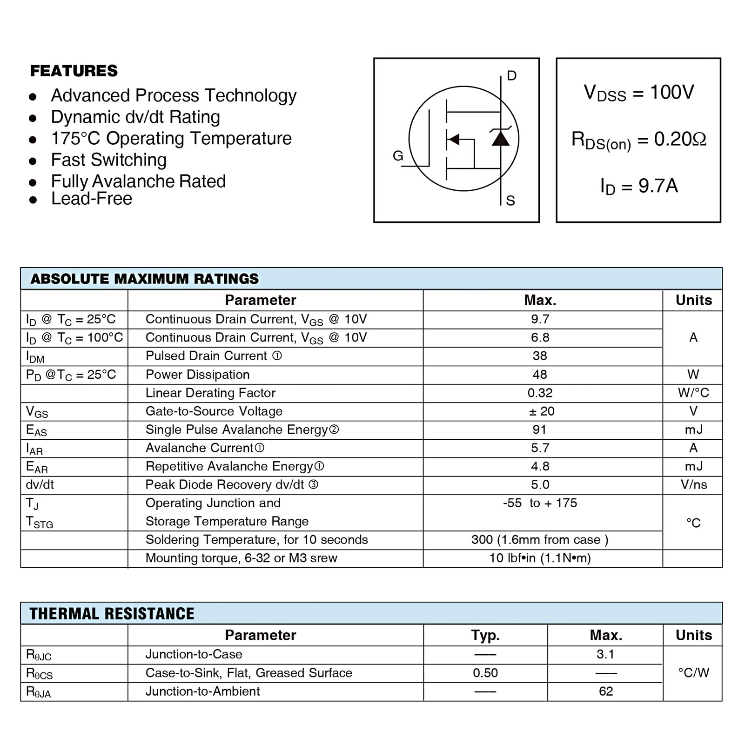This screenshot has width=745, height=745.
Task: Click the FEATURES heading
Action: pyautogui.click(x=74, y=71)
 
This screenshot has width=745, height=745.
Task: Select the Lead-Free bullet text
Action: pyautogui.click(x=92, y=199)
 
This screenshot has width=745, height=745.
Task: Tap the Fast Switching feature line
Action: pyautogui.click(x=108, y=160)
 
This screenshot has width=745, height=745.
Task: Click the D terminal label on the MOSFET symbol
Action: pyautogui.click(x=511, y=76)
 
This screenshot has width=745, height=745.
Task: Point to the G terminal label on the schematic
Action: pyautogui.click(x=398, y=156)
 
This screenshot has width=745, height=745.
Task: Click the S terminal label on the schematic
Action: pyautogui.click(x=510, y=201)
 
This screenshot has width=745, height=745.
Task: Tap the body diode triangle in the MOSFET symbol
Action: pyautogui.click(x=500, y=138)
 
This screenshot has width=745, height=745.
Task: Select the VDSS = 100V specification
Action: pyautogui.click(x=638, y=93)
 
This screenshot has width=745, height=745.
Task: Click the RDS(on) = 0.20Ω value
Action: pyautogui.click(x=638, y=140)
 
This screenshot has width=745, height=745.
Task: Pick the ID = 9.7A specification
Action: pyautogui.click(x=638, y=186)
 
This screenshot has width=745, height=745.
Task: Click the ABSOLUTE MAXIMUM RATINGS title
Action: pyautogui.click(x=144, y=279)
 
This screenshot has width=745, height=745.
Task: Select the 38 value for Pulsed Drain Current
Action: pyautogui.click(x=540, y=356)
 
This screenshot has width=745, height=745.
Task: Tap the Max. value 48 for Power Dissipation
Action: pyautogui.click(x=540, y=375)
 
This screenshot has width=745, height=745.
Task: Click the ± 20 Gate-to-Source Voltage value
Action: pyautogui.click(x=541, y=411)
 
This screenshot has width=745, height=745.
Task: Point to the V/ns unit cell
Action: pyautogui.click(x=693, y=485)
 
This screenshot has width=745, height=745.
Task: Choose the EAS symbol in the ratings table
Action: pyautogui.click(x=36, y=430)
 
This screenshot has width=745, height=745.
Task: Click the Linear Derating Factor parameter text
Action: pyautogui.click(x=210, y=393)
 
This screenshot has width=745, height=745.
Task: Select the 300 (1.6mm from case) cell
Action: pyautogui.click(x=540, y=540)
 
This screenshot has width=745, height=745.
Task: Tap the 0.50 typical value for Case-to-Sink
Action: pyautogui.click(x=485, y=673)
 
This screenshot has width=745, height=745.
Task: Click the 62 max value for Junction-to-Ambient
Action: pyautogui.click(x=606, y=691)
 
